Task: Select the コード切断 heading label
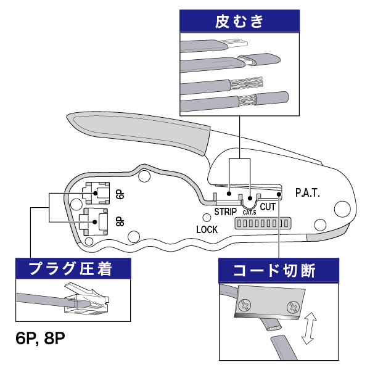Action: point(279,271)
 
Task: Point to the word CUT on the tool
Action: point(268,208)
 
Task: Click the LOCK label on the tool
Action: point(207,229)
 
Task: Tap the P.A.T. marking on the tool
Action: point(307,193)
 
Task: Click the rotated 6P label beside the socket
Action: point(120,194)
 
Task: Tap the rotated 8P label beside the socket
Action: point(119,220)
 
